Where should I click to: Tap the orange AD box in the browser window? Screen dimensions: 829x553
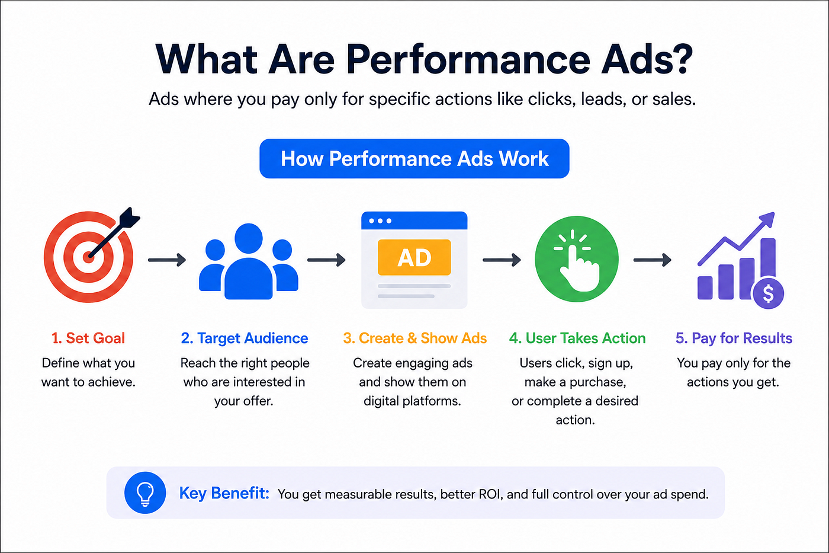click(414, 257)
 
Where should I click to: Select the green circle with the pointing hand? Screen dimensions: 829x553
click(576, 259)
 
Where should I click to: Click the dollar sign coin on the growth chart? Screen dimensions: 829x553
click(769, 293)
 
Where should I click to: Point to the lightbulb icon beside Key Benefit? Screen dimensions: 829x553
click(145, 493)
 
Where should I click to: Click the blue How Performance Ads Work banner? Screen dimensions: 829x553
click(414, 158)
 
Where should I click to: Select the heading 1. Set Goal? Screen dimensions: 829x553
click(88, 338)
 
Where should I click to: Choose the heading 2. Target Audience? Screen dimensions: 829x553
click(244, 338)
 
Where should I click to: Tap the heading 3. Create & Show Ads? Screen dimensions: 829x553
click(415, 338)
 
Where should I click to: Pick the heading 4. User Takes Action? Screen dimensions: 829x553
click(577, 338)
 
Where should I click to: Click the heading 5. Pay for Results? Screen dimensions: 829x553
click(734, 338)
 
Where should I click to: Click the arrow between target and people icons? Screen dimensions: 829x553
click(167, 260)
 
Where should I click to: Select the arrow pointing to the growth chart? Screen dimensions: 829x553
click(652, 260)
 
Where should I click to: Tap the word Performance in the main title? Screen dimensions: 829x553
click(468, 59)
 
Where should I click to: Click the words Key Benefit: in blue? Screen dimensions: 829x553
click(224, 493)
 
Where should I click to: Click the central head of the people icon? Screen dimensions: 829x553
click(248, 238)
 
